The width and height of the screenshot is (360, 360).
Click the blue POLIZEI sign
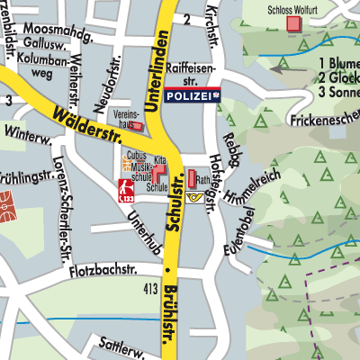point(193,94)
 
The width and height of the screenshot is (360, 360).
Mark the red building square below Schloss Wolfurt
point(292,24)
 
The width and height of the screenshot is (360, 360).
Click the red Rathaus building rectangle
point(192,176)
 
